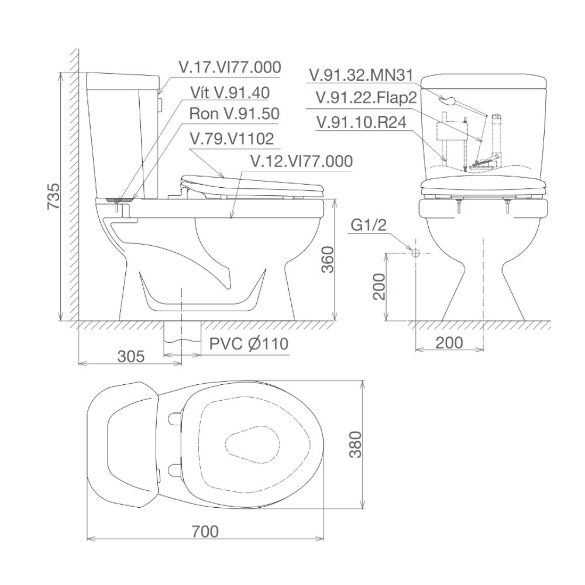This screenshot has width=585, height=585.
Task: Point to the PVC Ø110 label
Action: (x=249, y=343)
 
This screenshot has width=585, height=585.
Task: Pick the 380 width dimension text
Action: (x=356, y=448)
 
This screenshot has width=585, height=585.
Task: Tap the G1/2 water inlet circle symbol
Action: (x=415, y=253)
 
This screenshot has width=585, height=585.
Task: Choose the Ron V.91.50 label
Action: (x=234, y=115)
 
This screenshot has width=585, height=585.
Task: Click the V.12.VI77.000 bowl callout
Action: (x=301, y=161)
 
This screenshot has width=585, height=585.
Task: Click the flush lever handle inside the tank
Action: (x=448, y=100)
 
